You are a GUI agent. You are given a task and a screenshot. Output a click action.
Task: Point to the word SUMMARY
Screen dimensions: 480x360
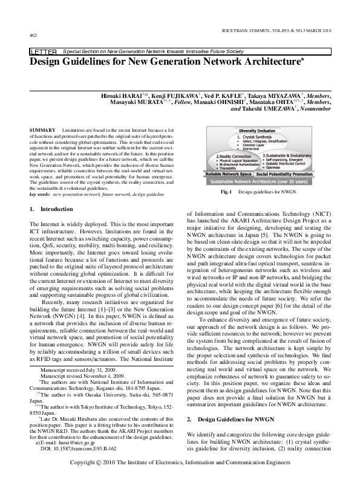[x=41, y=131]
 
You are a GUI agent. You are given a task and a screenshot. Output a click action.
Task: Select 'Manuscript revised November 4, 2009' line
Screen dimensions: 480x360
[x=76, y=375]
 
